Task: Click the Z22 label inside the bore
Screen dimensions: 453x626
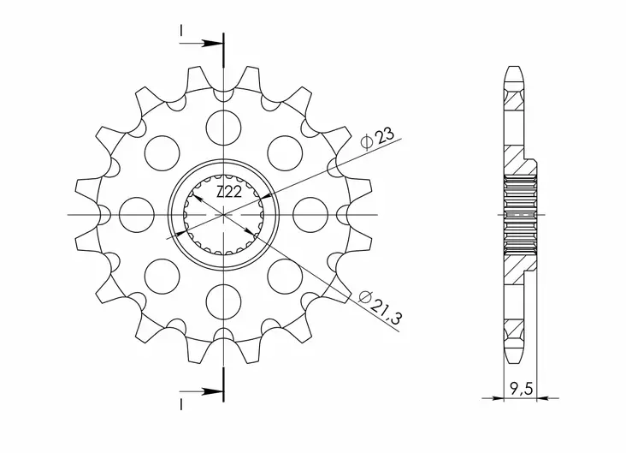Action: (227, 194)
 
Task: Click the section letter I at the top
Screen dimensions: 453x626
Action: (181, 33)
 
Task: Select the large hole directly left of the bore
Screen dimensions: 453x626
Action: (137, 212)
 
